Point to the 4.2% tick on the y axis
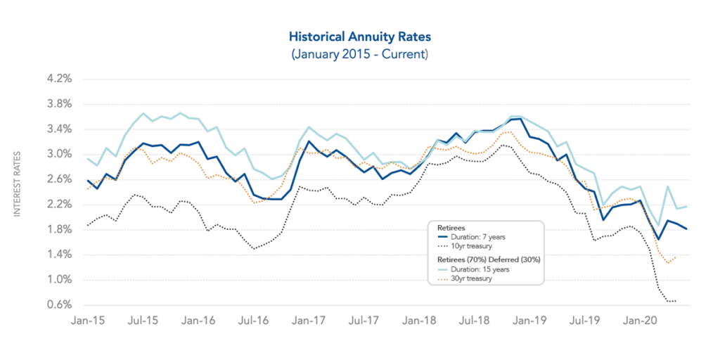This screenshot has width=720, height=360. pyautogui.click(x=58, y=79)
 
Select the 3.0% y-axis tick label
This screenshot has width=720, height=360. pyautogui.click(x=58, y=154)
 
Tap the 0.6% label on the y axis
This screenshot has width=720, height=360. pyautogui.click(x=58, y=304)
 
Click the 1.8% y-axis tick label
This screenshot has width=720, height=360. pyautogui.click(x=58, y=229)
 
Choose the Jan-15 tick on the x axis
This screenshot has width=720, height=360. pyautogui.click(x=88, y=320)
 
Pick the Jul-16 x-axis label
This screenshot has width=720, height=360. pyautogui.click(x=254, y=320)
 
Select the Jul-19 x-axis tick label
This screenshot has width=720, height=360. pyautogui.click(x=585, y=320)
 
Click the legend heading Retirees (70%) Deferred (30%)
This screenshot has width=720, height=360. pyautogui.click(x=485, y=259)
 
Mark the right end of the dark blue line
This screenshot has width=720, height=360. pyautogui.click(x=687, y=229)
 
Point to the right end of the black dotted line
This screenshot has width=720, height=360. pyautogui.click(x=676, y=301)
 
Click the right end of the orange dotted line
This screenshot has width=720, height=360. pyautogui.click(x=676, y=257)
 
